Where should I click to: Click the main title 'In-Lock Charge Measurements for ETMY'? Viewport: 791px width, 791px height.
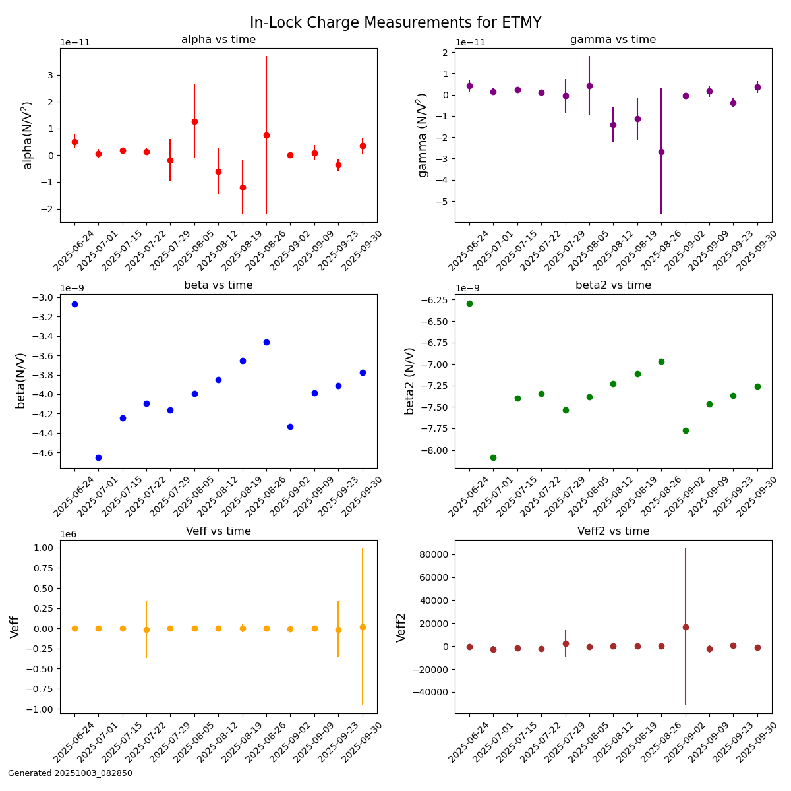point(395,22)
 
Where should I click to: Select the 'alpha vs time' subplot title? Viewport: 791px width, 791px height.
point(218,40)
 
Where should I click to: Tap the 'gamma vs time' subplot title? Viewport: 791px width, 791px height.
point(613,40)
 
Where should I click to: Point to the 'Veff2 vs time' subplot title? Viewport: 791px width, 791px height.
point(613,531)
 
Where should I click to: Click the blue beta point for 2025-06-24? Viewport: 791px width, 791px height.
point(74,304)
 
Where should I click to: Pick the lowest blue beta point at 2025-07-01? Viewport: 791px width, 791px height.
point(98,457)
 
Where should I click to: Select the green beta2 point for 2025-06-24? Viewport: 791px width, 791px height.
point(469,303)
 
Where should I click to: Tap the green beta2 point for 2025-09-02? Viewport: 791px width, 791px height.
point(686,430)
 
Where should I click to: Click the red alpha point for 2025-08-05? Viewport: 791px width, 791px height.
point(194,121)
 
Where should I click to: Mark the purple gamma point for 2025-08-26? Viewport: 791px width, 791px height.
point(661,152)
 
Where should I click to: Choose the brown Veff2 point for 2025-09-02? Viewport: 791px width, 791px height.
point(686,627)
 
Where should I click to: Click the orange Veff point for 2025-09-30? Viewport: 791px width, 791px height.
point(363,627)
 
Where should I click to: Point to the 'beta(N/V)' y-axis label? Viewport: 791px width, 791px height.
point(20,380)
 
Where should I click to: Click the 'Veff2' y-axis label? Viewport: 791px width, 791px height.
point(401,627)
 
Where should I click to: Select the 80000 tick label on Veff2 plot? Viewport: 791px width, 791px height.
point(433,554)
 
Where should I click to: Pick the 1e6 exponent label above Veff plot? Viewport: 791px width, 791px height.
point(68,534)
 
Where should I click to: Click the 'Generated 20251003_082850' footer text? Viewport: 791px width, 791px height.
point(70,773)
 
